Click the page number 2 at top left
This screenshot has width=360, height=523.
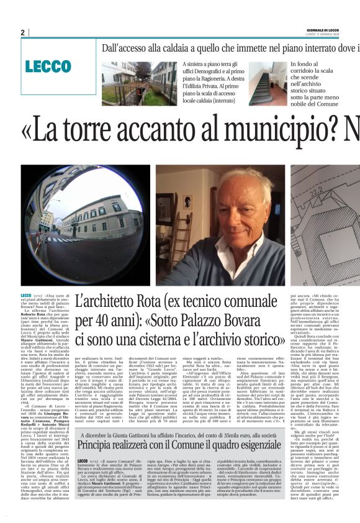point(23,32)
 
